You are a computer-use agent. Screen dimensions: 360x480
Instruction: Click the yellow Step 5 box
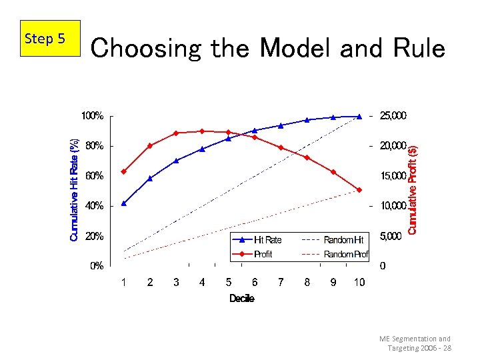[45, 39]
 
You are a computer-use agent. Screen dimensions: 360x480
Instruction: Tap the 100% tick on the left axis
[92, 116]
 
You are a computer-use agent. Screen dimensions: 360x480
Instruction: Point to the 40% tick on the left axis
[94, 206]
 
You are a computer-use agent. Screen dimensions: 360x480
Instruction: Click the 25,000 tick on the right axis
[392, 116]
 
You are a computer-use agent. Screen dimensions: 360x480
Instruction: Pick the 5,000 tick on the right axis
[392, 236]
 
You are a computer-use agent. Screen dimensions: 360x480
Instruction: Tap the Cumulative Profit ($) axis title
[413, 190]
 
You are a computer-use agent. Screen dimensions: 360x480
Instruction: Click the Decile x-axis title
[241, 299]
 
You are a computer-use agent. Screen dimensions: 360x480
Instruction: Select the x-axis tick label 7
[281, 283]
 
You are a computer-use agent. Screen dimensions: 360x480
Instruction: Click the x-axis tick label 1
[123, 283]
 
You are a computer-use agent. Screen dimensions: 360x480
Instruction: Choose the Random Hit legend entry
[334, 239]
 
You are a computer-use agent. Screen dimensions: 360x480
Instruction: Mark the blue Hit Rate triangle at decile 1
[123, 203]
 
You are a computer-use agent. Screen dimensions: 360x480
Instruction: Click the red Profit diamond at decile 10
[359, 190]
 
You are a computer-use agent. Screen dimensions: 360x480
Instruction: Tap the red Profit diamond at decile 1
[123, 171]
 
